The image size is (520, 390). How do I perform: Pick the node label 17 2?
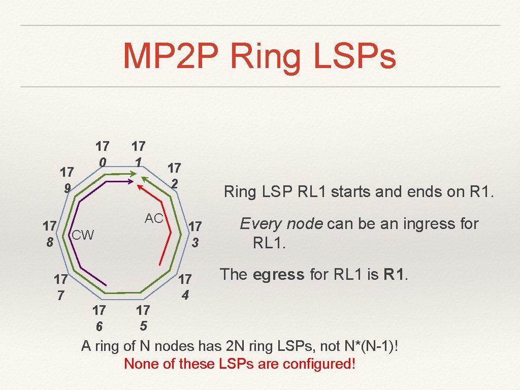tap(174, 175)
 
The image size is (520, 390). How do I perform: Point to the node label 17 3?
tap(196, 234)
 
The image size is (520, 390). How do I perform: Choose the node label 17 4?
tap(185, 287)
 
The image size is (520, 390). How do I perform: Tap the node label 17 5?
tap(143, 317)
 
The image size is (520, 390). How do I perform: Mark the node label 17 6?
tap(99, 317)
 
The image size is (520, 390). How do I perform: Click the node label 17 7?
tap(61, 287)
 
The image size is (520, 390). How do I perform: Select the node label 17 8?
tap(49, 234)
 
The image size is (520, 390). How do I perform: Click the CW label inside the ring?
tap(83, 235)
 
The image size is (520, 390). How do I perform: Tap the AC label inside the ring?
tap(154, 219)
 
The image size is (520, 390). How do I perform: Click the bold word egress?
tap(279, 275)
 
